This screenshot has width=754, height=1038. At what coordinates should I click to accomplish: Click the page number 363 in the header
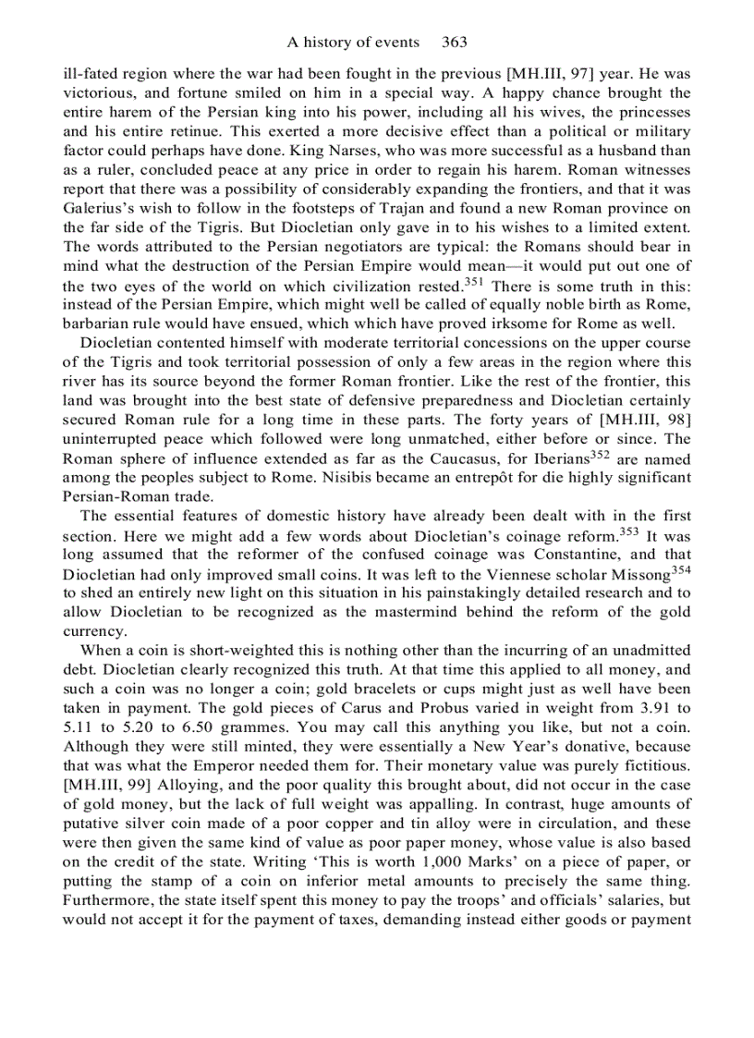455,42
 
